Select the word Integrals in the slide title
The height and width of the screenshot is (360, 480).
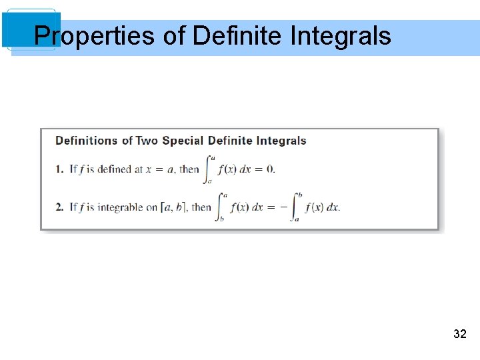341,35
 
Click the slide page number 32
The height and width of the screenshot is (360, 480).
459,334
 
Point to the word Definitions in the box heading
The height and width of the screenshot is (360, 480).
86,141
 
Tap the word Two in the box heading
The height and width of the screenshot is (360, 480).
147,141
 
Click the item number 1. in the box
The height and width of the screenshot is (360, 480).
61,169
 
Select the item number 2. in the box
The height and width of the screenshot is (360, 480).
61,207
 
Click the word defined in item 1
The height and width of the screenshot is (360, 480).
115,169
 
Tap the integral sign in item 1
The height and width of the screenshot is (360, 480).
211,169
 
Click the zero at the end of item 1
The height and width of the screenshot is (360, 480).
270,169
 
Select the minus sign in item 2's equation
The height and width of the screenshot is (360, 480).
283,207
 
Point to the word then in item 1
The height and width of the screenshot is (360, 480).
189,169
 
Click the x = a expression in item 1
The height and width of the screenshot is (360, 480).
161,169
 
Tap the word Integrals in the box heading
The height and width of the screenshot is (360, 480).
279,141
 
